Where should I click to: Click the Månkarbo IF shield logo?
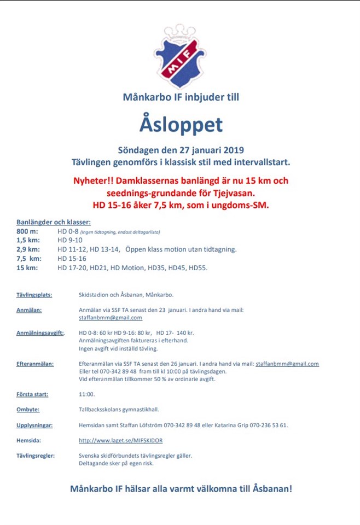pyautogui.click(x=180, y=52)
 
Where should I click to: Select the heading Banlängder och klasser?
pyautogui.click(x=54, y=222)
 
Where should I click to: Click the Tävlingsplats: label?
pyautogui.click(x=34, y=295)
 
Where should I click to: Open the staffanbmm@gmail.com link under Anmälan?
pyautogui.click(x=111, y=318)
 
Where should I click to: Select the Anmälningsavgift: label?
pyautogui.click(x=40, y=332)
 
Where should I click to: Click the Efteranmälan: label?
pyautogui.click(x=36, y=364)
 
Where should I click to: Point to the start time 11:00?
pyautogui.click(x=87, y=394)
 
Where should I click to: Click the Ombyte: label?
pyautogui.click(x=28, y=409)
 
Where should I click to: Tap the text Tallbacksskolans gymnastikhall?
pyautogui.click(x=119, y=409)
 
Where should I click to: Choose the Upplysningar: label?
pyautogui.click(x=34, y=424)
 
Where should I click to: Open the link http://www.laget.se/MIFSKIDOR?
pyautogui.click(x=121, y=440)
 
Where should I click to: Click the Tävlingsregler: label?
pyautogui.click(x=36, y=455)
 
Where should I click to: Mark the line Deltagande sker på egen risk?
pyautogui.click(x=117, y=463)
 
